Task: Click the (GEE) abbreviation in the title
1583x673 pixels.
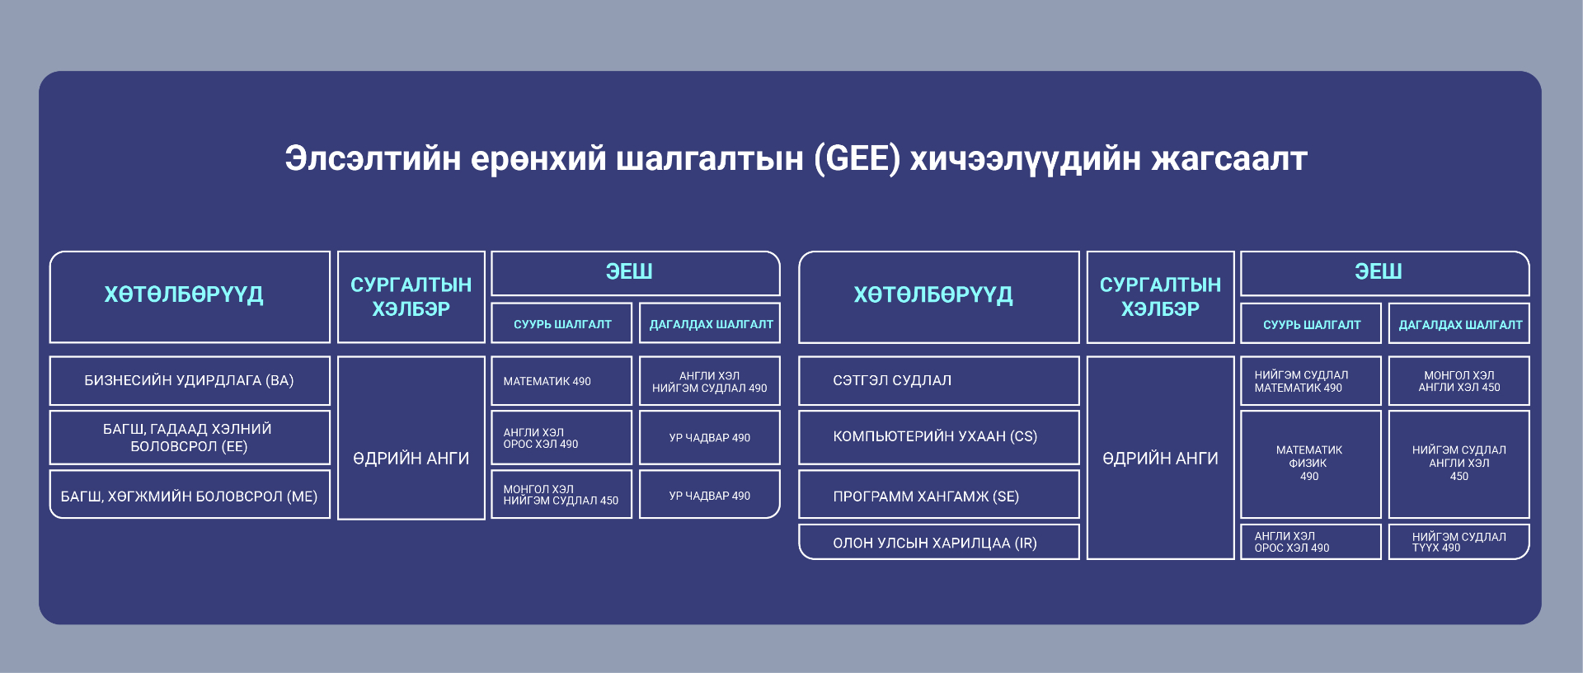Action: (857, 158)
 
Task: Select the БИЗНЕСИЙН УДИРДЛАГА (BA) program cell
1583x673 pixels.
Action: (190, 380)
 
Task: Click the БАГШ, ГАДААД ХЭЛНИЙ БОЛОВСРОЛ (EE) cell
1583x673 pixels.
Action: (190, 437)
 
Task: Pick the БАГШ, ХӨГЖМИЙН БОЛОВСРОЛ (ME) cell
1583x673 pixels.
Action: (190, 495)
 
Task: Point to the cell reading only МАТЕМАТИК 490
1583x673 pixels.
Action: (561, 380)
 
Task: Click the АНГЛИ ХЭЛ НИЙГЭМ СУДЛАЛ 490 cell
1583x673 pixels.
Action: (710, 380)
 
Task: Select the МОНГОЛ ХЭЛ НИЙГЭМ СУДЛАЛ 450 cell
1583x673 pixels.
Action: (561, 494)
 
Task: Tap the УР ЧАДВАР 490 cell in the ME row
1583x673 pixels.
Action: (710, 494)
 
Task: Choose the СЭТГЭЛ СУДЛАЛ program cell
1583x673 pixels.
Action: (939, 380)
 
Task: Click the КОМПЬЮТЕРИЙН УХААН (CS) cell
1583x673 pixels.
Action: (939, 437)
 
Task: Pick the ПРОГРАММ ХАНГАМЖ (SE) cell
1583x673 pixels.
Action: (939, 495)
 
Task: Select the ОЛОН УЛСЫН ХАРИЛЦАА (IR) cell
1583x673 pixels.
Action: (939, 542)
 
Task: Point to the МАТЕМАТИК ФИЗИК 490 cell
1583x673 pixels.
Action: (1311, 464)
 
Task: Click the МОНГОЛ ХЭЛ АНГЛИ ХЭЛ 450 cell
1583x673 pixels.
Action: (1459, 380)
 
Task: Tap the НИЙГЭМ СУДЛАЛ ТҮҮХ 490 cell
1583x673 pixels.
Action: (1459, 542)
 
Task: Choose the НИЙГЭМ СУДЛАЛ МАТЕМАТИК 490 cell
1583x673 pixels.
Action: (1311, 380)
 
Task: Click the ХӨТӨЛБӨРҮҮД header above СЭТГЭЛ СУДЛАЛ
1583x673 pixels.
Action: (939, 297)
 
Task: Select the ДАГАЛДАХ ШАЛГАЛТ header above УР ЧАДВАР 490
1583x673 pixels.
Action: (710, 323)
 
